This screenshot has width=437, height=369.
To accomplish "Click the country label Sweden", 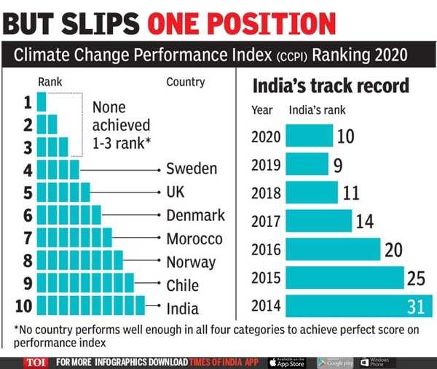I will coord(192,169).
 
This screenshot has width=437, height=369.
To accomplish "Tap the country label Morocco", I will coord(194,238).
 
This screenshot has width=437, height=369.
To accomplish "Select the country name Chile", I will coord(183,285).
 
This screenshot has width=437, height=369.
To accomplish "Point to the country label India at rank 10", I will coord(182,308).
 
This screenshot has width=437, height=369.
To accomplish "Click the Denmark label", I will coord(196,216).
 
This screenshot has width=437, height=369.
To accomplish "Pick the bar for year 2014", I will coord(358,307).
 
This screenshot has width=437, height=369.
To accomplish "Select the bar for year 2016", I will coord(333,249).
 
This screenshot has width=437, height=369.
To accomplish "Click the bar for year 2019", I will coord(307,164).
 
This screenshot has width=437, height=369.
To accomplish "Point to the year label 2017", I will coord(266,221).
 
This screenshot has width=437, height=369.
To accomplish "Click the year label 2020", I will coord(266,136).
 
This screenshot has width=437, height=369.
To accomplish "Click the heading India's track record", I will coord(331,86).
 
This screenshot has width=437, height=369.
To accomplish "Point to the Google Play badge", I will coord(335,362).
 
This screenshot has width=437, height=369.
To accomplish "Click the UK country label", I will coord(176,193).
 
